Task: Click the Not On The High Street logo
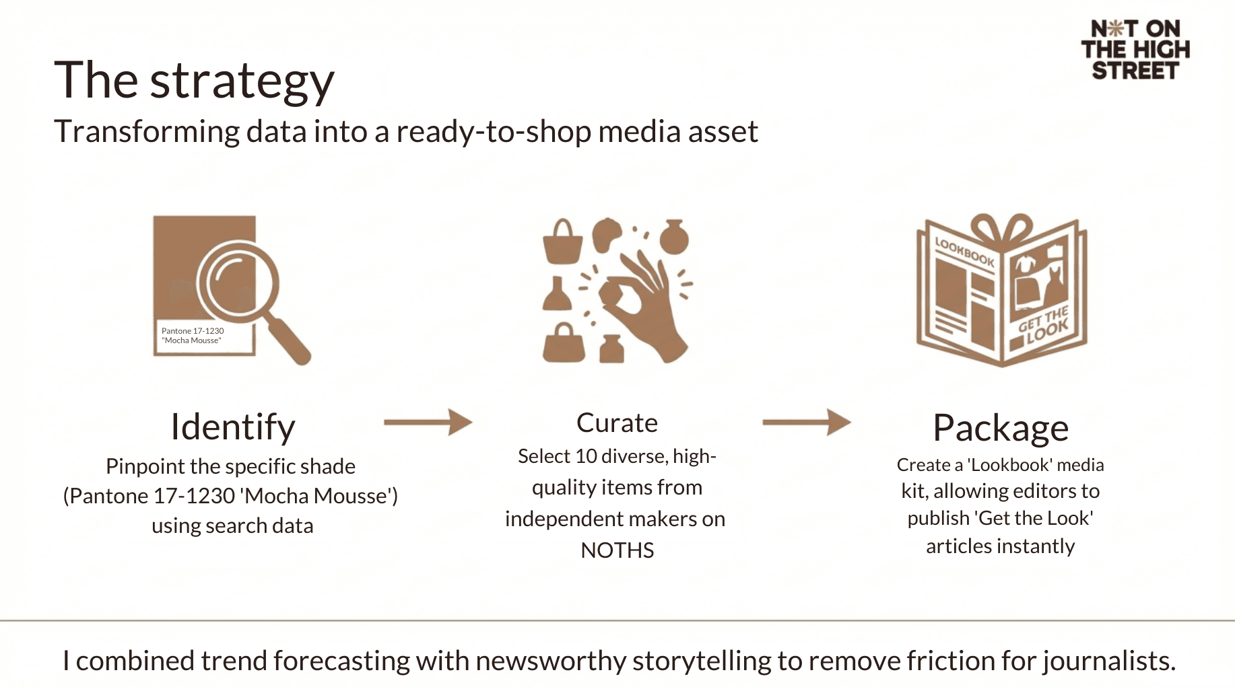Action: click(1135, 49)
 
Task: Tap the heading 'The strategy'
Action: click(194, 80)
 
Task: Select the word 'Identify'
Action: click(233, 427)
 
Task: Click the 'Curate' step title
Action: click(617, 423)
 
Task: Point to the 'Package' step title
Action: click(1001, 427)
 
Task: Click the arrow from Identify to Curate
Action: click(428, 423)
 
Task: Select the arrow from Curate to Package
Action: click(807, 423)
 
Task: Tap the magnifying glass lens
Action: click(237, 281)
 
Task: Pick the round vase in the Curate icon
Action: click(673, 237)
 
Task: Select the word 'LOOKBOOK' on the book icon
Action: click(964, 252)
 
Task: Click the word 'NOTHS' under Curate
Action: click(617, 550)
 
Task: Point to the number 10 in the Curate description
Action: click(586, 456)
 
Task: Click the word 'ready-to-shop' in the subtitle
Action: click(494, 131)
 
